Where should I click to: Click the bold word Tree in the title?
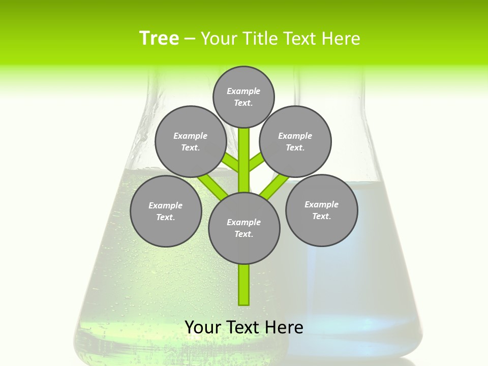(x=159, y=39)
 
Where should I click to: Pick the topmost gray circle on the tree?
(x=243, y=97)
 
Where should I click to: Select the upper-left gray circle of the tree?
(x=190, y=141)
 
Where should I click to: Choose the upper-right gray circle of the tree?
(x=295, y=141)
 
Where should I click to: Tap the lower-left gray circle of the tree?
(x=166, y=211)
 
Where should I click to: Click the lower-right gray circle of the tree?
(x=321, y=210)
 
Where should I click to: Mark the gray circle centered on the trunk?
(x=244, y=228)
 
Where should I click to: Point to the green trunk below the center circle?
(x=244, y=285)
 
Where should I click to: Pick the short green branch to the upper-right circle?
(x=256, y=163)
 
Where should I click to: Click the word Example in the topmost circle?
(x=243, y=91)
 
